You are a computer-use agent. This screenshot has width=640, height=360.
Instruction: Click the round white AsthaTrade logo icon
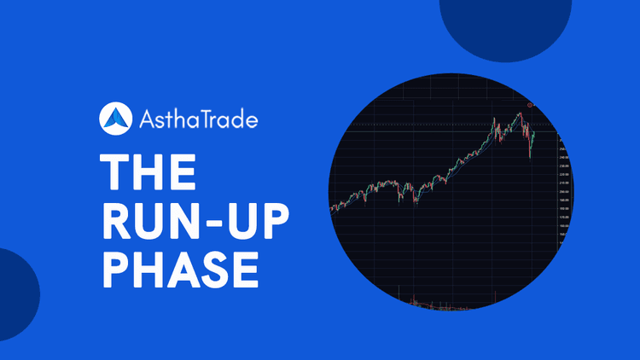pyautogui.click(x=115, y=119)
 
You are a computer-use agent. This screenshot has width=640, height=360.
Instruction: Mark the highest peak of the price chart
pyautogui.click(x=518, y=113)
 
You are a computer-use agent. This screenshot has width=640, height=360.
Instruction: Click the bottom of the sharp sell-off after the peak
pyautogui.click(x=530, y=158)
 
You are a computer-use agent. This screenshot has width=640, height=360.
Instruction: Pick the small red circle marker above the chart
pyautogui.click(x=530, y=105)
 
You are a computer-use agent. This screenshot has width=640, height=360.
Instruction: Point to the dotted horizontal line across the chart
pyautogui.click(x=444, y=125)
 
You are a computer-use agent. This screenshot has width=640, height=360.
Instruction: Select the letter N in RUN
pyautogui.click(x=183, y=218)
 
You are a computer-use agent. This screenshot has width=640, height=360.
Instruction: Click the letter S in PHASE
pyautogui.click(x=212, y=264)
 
